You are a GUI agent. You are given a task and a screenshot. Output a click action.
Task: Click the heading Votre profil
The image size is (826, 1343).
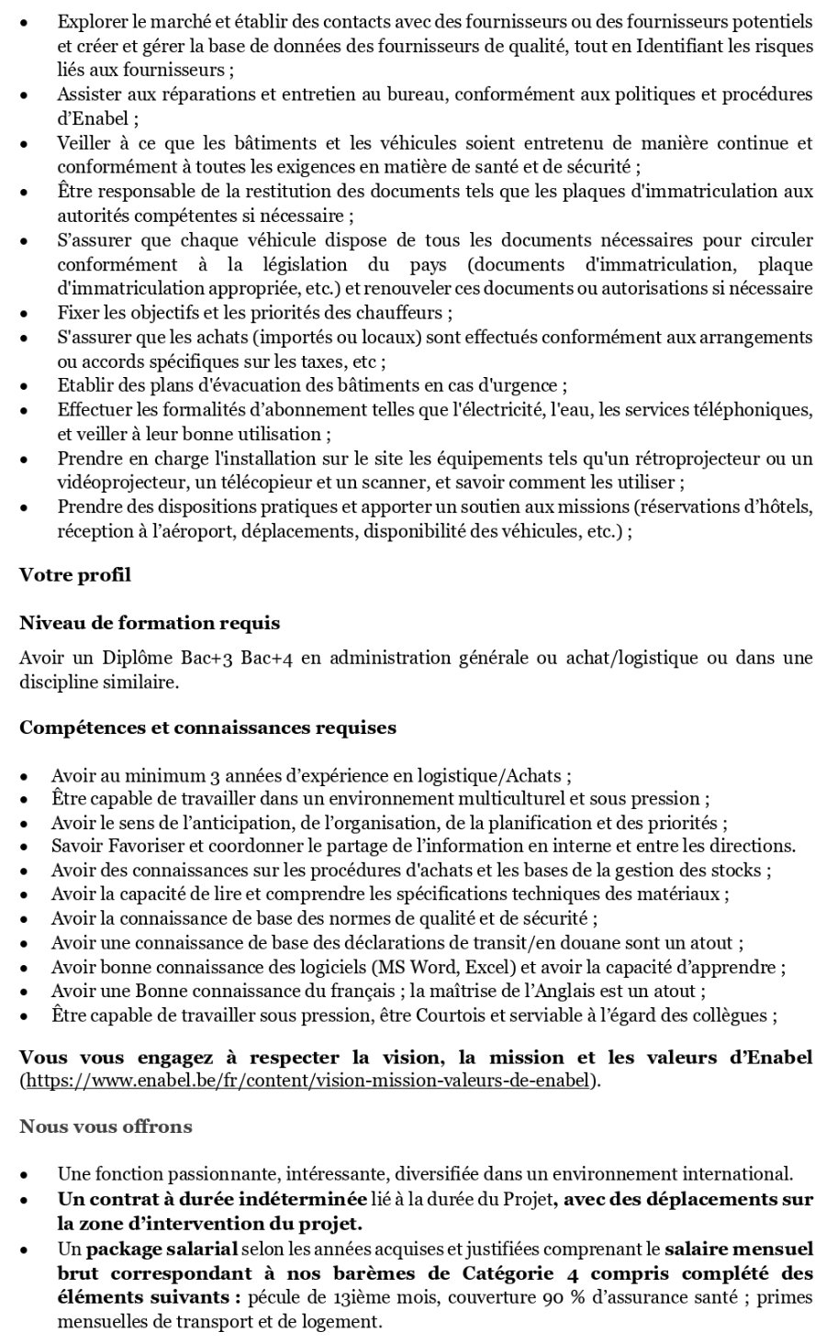click(74, 575)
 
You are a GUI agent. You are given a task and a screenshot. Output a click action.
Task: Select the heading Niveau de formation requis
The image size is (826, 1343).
click(150, 623)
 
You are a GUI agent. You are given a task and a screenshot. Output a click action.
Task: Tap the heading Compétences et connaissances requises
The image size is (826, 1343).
click(207, 727)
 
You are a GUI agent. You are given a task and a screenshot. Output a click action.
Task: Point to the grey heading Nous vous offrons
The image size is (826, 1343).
click(106, 1126)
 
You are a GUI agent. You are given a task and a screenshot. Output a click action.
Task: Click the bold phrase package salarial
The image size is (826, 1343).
click(162, 1249)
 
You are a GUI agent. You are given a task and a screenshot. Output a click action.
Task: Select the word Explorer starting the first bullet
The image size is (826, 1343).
click(90, 19)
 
